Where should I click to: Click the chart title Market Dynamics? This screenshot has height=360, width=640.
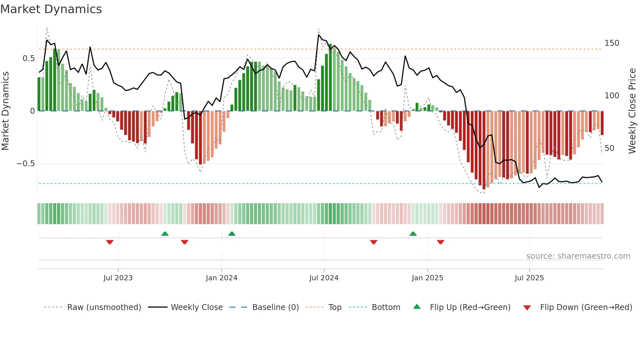pos(51,9)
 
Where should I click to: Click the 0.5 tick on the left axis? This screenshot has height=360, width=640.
pos(28,58)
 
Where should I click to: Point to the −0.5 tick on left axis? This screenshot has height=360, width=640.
pos(25,164)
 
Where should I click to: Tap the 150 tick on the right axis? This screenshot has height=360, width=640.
pos(612,43)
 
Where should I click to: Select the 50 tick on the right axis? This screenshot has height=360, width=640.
pos(609,148)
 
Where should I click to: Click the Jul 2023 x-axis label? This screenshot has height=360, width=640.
pos(118,278)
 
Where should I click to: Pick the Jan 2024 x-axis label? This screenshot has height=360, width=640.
pos(221,278)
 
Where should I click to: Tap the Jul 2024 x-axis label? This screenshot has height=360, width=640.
pos(324,278)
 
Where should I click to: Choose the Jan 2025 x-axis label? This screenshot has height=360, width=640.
pos(427,278)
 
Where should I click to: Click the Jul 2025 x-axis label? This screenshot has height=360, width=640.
pos(529,278)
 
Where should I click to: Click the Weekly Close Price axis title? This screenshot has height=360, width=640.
pos(632,111)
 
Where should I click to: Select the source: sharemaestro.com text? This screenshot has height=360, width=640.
pos(578,256)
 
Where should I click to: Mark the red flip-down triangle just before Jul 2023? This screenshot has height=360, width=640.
pos(110,242)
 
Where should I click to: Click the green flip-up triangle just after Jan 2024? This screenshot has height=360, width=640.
pos(232,234)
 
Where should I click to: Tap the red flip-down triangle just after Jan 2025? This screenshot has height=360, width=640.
pos(440,242)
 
